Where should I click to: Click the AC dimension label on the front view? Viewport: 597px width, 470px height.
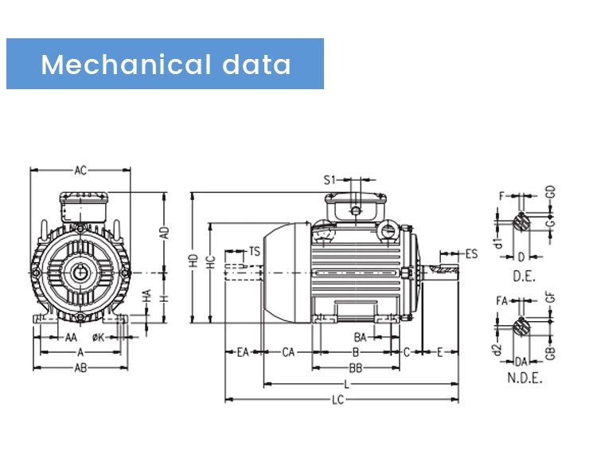tap(80, 170)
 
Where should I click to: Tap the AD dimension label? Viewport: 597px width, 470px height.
tap(165, 233)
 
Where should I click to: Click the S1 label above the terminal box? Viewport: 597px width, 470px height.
tap(330, 180)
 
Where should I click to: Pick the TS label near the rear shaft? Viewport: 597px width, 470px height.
tap(254, 251)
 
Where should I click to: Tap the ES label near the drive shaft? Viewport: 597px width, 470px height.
tap(471, 254)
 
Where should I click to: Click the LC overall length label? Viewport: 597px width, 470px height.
tap(338, 400)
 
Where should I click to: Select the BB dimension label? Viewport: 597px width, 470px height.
tap(356, 368)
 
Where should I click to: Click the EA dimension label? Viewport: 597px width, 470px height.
tap(244, 351)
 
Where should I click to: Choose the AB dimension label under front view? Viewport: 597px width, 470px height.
tap(80, 368)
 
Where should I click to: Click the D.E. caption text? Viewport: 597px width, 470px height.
tap(523, 275)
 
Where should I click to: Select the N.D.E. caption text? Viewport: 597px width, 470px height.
tap(525, 378)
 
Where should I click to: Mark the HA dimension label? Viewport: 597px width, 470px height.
tap(147, 296)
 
